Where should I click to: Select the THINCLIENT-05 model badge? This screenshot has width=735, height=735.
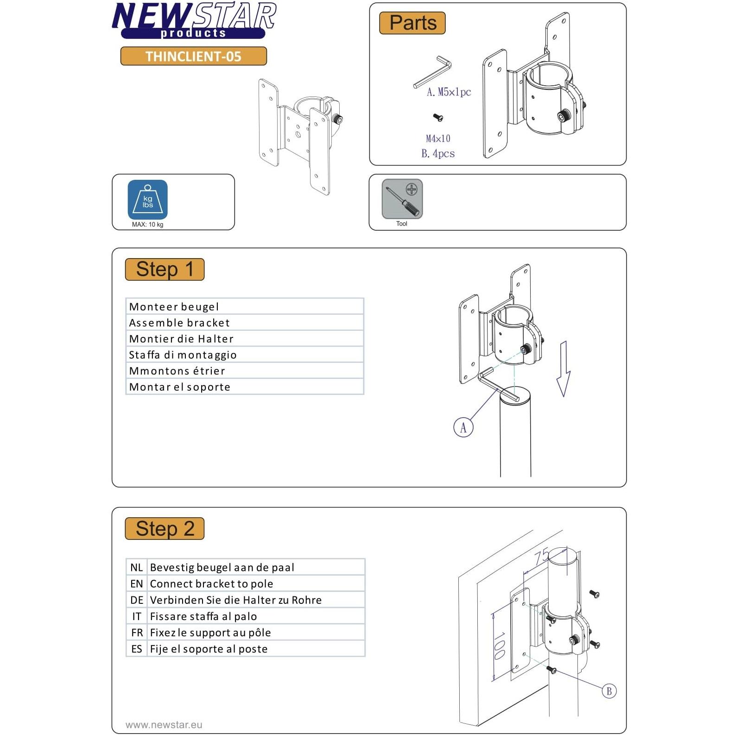tap(193, 56)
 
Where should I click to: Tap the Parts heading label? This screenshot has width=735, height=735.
tap(412, 23)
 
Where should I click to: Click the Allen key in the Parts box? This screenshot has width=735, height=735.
tap(433, 71)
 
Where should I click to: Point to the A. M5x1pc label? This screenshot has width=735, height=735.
tap(449, 92)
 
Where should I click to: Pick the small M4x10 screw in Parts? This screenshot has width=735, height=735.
tap(438, 118)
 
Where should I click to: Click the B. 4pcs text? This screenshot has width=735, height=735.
tap(438, 153)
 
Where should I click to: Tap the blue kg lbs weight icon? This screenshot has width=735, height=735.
tap(147, 199)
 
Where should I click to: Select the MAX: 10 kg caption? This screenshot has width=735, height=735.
tap(147, 224)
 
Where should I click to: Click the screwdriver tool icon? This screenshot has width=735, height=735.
tap(402, 199)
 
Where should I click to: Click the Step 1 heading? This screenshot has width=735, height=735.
tap(165, 269)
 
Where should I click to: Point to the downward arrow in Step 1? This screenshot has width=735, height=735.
tap(563, 368)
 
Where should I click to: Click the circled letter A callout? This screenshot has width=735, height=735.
tap(463, 427)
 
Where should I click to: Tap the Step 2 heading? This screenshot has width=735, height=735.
tap(165, 528)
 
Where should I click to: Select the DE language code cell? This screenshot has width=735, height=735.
tap(137, 600)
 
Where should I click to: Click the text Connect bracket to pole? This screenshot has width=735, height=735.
tap(211, 584)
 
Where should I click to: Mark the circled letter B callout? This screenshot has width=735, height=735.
tap(609, 691)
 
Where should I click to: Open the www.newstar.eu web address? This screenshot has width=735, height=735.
tap(164, 725)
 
